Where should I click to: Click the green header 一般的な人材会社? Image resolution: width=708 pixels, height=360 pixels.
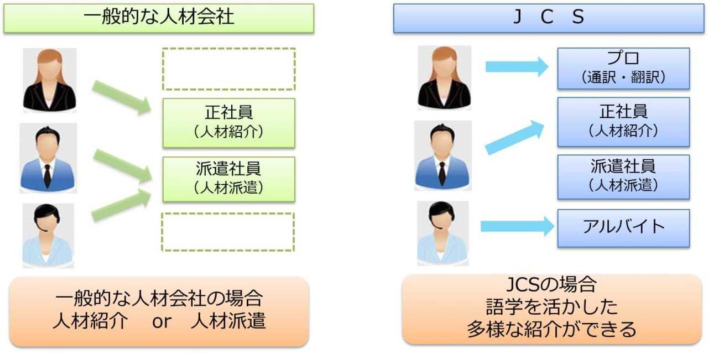coord(159,17)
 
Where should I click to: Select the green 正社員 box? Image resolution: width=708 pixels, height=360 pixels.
coord(228,123)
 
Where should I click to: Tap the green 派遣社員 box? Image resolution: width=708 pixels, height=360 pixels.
coord(228,179)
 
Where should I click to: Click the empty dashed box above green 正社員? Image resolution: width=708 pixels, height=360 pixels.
coord(228,69)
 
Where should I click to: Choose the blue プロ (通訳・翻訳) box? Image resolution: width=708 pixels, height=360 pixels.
coord(623,68)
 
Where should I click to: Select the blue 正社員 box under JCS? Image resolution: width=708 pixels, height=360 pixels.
coord(623,122)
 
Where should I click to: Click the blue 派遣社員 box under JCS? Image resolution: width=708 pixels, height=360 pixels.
coord(623,176)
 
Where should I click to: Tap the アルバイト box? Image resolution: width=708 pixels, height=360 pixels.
coord(623,227)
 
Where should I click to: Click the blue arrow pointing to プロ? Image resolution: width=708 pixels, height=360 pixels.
coord(517,67)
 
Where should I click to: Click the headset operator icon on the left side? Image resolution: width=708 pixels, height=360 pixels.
coord(48,235)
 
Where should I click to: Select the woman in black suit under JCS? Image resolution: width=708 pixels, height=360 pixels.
coord(444,78)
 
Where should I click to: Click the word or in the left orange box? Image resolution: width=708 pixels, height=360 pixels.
coord(159,321)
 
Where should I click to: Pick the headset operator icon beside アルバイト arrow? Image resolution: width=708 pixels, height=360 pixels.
coord(442,233)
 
